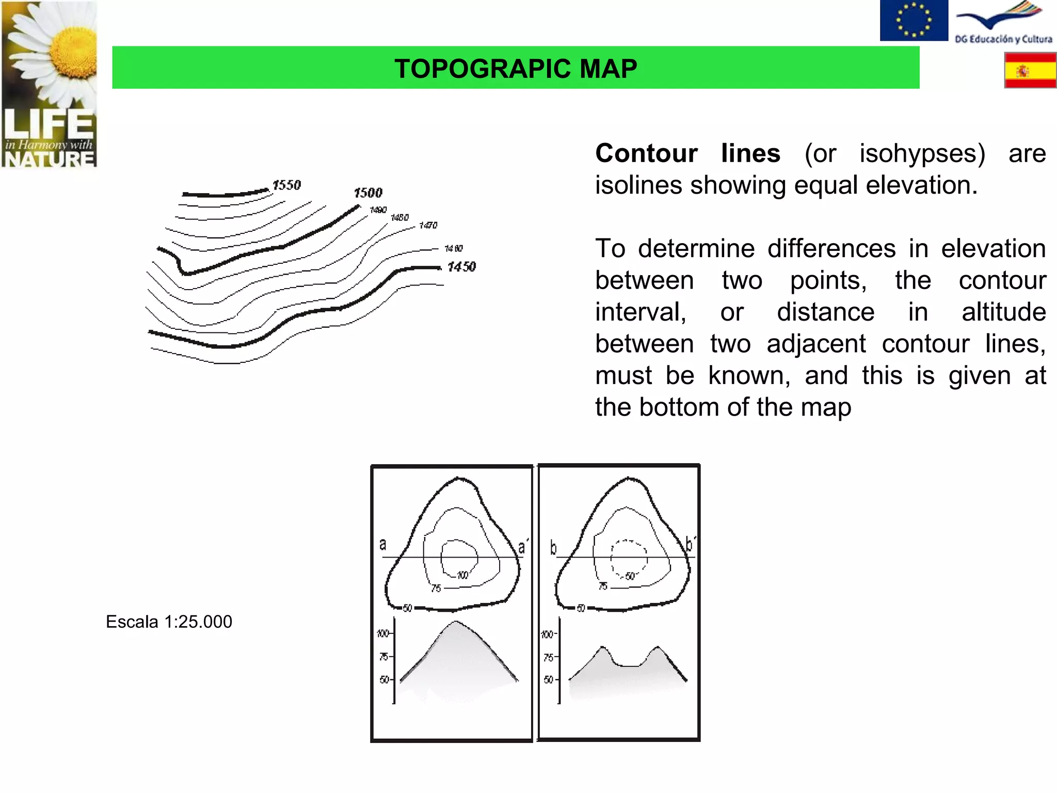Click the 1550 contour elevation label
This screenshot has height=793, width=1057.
286,185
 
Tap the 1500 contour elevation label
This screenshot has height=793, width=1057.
368,193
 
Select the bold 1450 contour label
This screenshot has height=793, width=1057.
461,266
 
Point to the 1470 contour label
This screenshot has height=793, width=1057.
428,225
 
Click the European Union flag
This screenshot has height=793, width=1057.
914,20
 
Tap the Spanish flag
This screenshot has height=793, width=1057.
1030,70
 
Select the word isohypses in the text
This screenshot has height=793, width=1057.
922,153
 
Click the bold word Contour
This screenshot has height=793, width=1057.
646,153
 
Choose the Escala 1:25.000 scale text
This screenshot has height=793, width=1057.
169,622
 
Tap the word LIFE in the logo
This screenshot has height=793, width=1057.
49,124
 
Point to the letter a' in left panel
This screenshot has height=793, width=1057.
523,547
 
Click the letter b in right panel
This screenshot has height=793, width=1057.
553,547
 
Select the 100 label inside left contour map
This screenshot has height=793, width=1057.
462,575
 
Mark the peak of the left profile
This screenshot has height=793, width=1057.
455,622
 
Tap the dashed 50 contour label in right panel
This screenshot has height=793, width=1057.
630,576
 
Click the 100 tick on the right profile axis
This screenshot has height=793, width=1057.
548,634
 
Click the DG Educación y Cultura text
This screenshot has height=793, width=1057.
1003,39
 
